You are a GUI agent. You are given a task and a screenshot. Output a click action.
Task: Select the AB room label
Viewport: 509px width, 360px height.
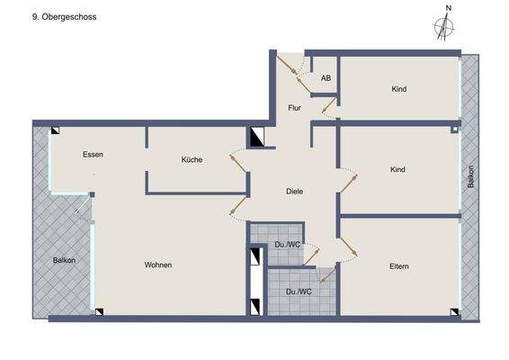click(326, 79)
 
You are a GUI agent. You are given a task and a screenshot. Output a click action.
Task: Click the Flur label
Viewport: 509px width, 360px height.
click(294, 108)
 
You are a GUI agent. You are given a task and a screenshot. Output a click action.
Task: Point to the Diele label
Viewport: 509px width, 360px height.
click(294, 191)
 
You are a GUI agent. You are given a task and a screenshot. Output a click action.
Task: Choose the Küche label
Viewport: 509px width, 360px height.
click(192, 159)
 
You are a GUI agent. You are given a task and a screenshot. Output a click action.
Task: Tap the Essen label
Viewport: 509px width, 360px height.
click(93, 155)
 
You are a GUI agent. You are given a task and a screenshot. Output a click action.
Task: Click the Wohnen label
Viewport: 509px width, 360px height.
click(157, 265)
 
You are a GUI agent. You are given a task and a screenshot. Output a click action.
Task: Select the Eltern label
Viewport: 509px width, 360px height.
click(399, 265)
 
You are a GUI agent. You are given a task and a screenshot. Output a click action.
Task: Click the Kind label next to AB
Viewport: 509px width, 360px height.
click(399, 89)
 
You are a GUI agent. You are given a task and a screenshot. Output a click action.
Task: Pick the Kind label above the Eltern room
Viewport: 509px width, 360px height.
click(397, 169)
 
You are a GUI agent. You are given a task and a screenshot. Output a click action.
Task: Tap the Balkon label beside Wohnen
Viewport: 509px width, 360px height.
click(64, 260)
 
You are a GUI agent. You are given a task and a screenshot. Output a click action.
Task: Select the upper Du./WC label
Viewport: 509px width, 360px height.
click(287, 244)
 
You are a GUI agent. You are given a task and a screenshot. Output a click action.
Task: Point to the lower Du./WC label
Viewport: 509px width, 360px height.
click(298, 291)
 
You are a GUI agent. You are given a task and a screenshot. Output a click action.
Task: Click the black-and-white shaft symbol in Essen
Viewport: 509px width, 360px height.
click(56, 130)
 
